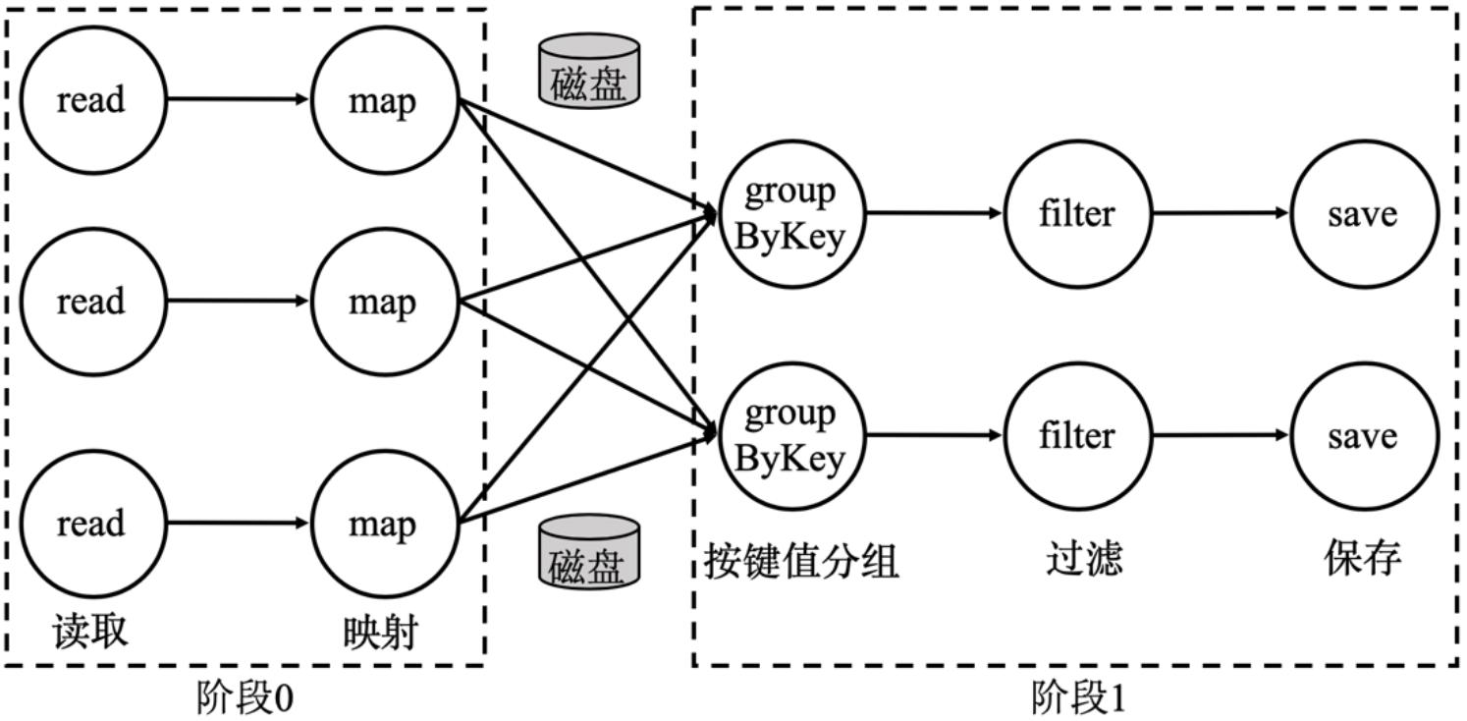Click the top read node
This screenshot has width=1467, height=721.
click(91, 99)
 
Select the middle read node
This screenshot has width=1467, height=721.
click(91, 301)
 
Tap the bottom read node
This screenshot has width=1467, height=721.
click(91, 523)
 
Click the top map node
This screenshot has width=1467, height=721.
click(383, 99)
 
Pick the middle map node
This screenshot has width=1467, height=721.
click(383, 301)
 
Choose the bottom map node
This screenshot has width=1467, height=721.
click(383, 523)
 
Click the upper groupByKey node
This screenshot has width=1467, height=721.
click(790, 212)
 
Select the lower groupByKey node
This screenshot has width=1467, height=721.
click(790, 434)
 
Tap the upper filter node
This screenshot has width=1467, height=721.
click(1077, 212)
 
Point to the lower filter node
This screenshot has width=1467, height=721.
click(1077, 434)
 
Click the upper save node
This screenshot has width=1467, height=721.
click(1363, 212)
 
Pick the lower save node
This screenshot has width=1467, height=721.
click(1363, 434)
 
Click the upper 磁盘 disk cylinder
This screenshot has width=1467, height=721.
click(588, 72)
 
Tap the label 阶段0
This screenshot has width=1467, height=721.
click(244, 698)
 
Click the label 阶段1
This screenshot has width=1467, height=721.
click(1078, 698)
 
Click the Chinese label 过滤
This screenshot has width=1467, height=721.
click(1083, 559)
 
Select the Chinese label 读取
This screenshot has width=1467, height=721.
click(90, 631)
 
